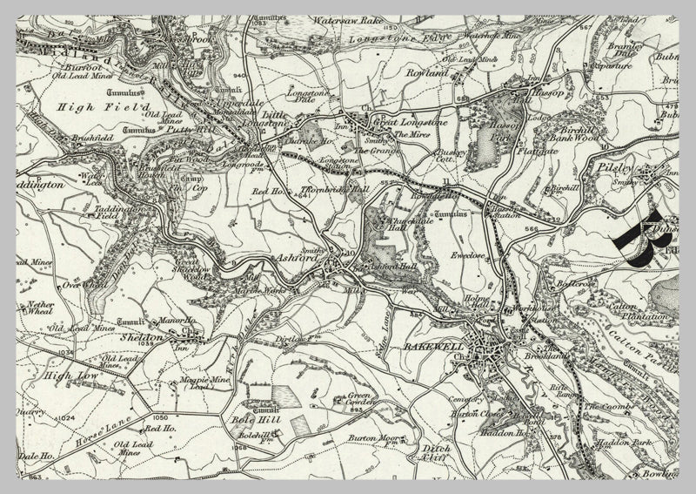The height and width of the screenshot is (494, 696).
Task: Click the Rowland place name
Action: [x=425, y=75]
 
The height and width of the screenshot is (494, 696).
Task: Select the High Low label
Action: [x=73, y=376]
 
